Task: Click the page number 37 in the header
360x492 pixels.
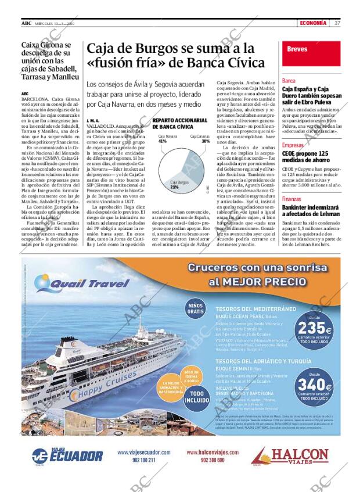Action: click(x=337, y=23)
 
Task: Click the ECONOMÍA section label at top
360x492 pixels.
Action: click(x=314, y=23)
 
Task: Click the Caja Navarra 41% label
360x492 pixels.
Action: click(x=163, y=139)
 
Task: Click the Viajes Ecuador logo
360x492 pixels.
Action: click(x=67, y=455)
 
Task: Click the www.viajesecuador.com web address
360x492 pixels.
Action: click(x=144, y=453)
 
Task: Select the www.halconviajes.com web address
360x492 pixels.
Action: click(x=213, y=453)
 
